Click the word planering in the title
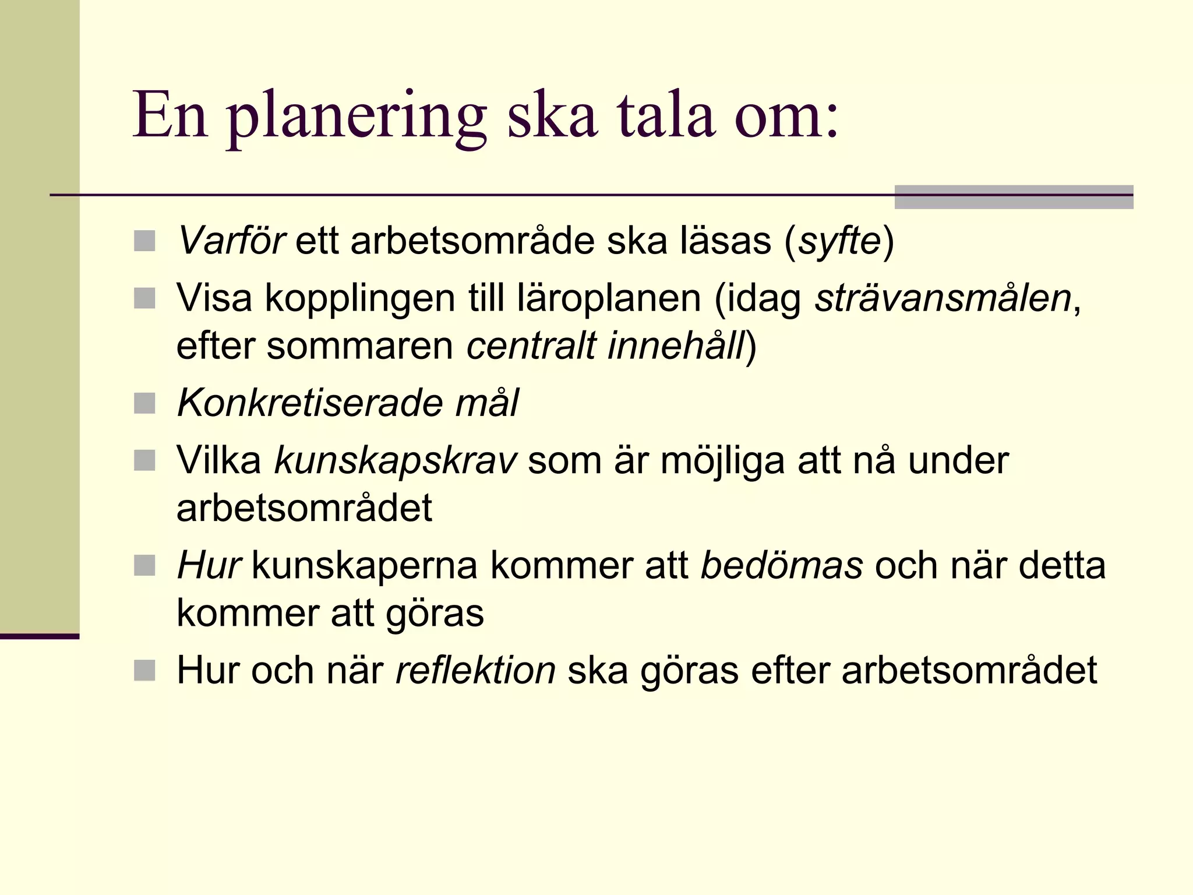point(357,117)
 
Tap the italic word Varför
point(231,241)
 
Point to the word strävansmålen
point(943,298)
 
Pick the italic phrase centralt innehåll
point(606,346)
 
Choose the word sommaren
point(359,346)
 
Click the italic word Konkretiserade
point(298,403)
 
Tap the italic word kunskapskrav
point(395,461)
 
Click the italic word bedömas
point(781,566)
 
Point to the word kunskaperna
point(365,566)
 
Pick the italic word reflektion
point(475,671)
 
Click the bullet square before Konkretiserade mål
point(144,403)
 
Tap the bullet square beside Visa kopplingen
point(144,298)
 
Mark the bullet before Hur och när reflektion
point(144,671)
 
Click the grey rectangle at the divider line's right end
point(1014,197)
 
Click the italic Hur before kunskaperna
point(209,566)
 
